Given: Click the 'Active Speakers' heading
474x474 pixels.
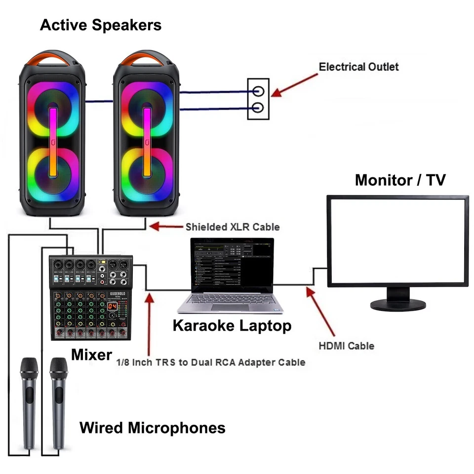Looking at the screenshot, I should coord(100,25).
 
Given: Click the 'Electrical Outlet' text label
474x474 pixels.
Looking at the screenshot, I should coord(358,67).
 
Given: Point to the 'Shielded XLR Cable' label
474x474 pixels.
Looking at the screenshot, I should coord(232,227).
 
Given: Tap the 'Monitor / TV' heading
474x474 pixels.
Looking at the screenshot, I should coord(400,180).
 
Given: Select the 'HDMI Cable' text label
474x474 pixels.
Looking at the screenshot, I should coord(346,346).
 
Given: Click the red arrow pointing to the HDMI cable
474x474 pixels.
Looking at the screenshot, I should coord(321,311).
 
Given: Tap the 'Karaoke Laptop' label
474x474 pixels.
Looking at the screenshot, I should coord(232,326).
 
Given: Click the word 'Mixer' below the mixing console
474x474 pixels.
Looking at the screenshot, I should coord(91,354).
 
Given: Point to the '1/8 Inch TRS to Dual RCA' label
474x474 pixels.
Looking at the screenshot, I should coord(210,362).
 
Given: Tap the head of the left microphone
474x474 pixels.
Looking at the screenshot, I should coord(29,368).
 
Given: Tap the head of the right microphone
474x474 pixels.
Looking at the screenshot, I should coord(59,368).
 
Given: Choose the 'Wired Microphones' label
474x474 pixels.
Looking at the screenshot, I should coord(153,428).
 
